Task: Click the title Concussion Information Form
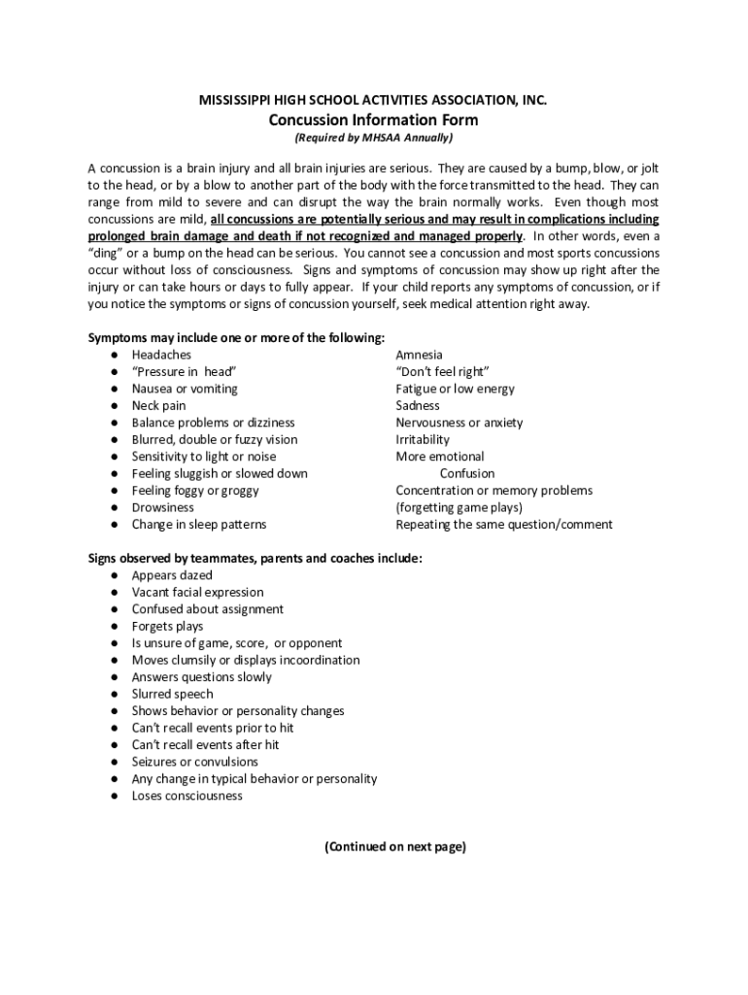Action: (373, 120)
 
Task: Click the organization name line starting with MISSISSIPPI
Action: (373, 101)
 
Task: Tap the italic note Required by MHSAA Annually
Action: (373, 138)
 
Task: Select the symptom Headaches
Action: (161, 355)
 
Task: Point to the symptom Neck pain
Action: (158, 405)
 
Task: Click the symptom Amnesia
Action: (419, 355)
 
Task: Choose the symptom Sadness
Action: (418, 405)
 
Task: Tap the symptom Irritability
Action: (423, 439)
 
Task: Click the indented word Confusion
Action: (466, 473)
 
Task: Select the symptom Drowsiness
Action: (163, 507)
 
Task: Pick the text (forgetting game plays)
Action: (459, 507)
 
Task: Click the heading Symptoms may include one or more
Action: (237, 337)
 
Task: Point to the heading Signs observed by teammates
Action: (255, 558)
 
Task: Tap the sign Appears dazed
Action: (172, 575)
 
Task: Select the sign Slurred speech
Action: (173, 694)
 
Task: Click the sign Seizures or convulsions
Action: (195, 762)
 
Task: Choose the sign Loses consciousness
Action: (187, 796)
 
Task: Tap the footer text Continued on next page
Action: (395, 846)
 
